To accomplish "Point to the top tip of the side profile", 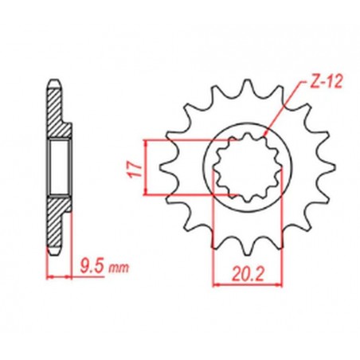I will pyautogui.click(x=54, y=80).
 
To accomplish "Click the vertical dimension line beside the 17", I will pyautogui.click(x=147, y=167).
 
